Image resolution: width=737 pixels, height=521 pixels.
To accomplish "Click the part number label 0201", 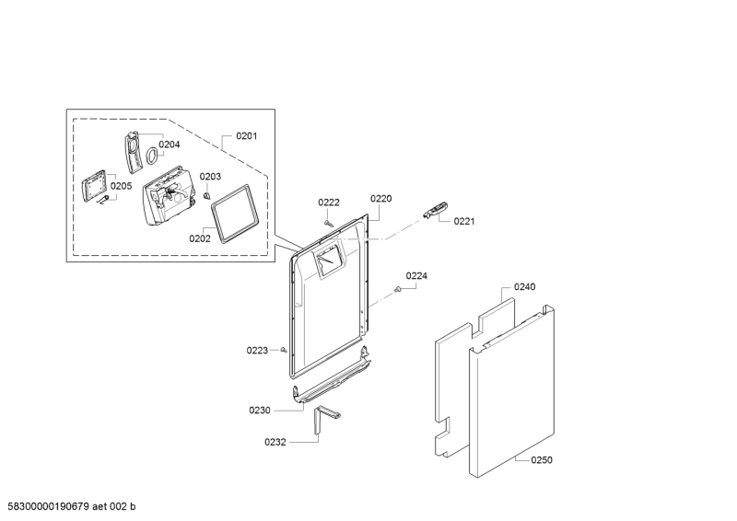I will [x=246, y=136].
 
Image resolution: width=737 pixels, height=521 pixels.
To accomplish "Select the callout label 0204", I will [x=169, y=144].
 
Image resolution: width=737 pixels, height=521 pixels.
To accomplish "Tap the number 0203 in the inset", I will [x=210, y=176].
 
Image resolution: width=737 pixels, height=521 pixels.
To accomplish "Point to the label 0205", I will [x=122, y=185].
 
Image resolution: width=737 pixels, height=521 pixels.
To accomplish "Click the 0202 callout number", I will [x=200, y=238].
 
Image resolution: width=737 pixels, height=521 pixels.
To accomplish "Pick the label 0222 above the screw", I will [x=329, y=203].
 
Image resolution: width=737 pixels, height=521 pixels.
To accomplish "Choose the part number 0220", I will [x=381, y=198].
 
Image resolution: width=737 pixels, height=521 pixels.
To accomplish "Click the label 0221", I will [x=464, y=221].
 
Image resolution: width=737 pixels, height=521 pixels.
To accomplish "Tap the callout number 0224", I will [x=416, y=275].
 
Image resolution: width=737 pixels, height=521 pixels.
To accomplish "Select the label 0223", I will [x=257, y=350].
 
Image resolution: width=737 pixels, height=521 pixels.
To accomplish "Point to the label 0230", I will [x=260, y=410].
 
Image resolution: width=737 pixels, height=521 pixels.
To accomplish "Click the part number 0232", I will [x=276, y=442].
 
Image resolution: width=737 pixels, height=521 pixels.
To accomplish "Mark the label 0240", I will [x=524, y=287].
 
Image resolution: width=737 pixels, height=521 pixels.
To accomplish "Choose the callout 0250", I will [x=542, y=460].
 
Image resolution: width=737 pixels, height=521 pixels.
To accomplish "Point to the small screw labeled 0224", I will [x=397, y=290].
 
